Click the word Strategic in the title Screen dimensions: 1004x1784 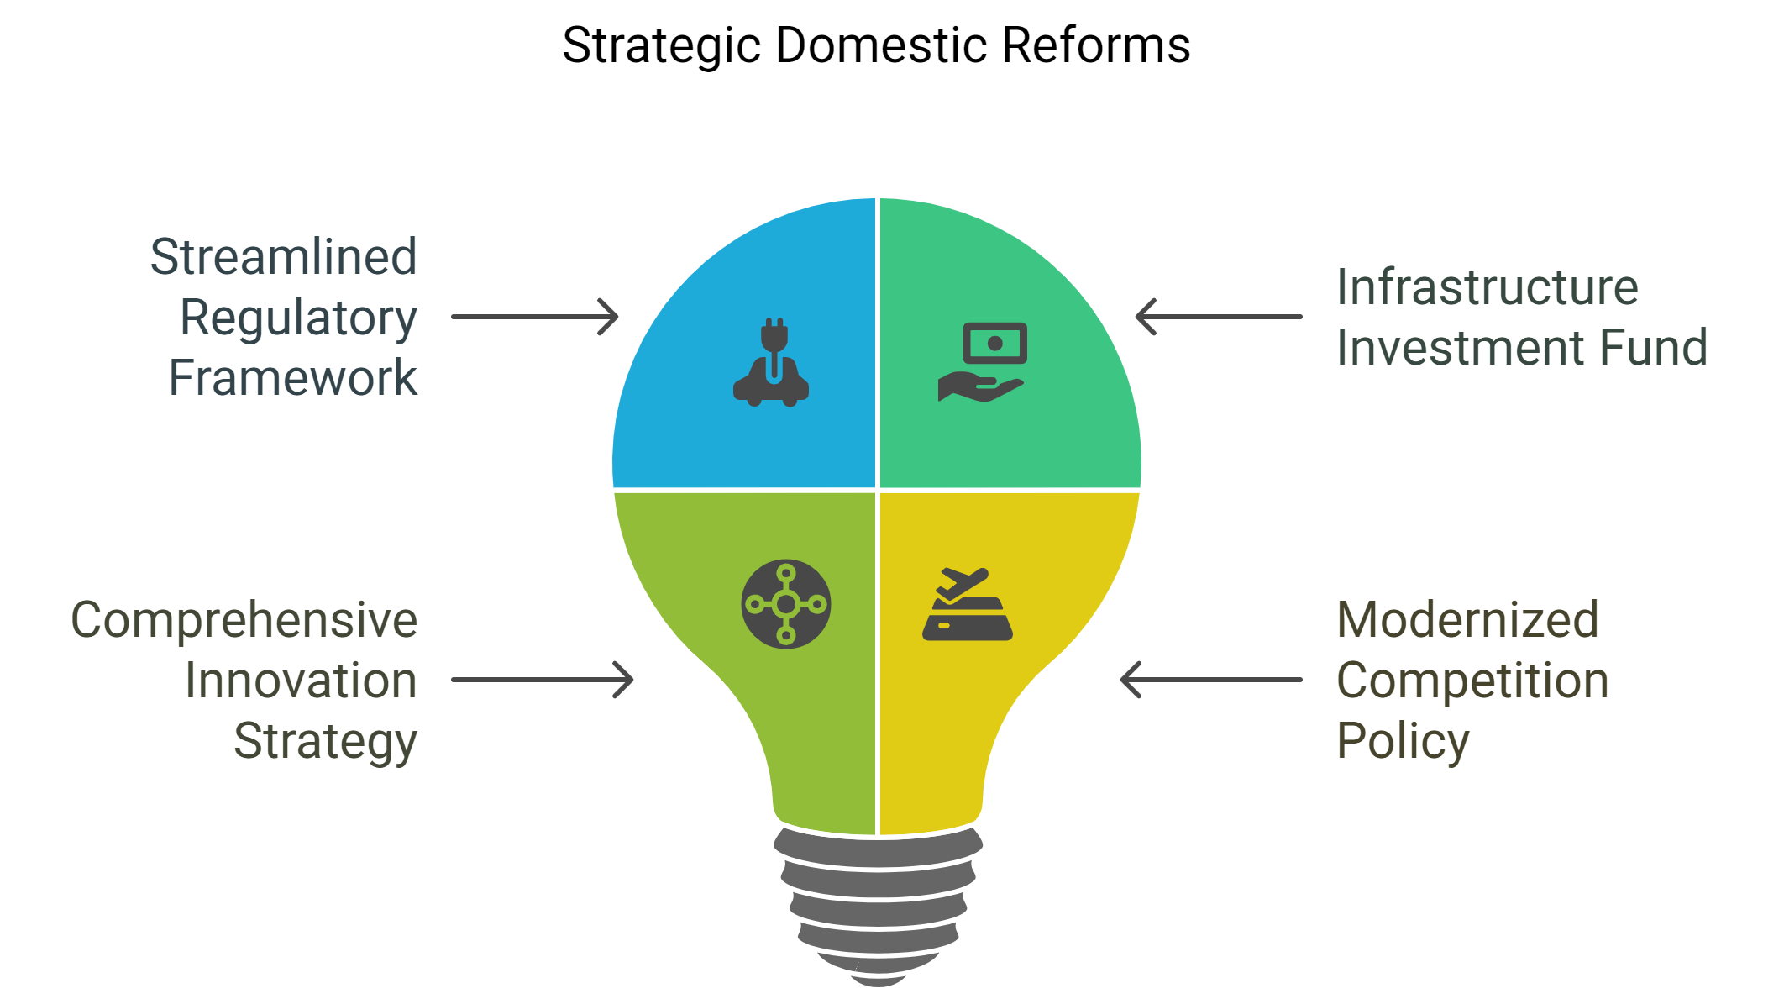(662, 46)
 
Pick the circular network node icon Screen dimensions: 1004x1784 (786, 604)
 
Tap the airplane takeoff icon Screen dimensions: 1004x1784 (967, 605)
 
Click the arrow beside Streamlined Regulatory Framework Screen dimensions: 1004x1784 (535, 317)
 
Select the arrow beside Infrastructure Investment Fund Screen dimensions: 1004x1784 (1218, 317)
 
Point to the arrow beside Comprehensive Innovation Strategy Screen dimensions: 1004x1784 (543, 680)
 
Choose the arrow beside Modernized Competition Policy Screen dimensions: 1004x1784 (1211, 680)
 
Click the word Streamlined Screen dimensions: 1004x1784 (283, 256)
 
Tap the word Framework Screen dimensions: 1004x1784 (292, 377)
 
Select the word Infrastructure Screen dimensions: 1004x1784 (1487, 287)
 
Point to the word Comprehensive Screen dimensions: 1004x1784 (244, 620)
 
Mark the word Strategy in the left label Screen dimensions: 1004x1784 (325, 742)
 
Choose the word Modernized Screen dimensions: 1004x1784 (1467, 620)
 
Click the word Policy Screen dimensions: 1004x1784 (1403, 742)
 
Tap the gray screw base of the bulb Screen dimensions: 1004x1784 (878, 903)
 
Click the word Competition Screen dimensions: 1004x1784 (1472, 681)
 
